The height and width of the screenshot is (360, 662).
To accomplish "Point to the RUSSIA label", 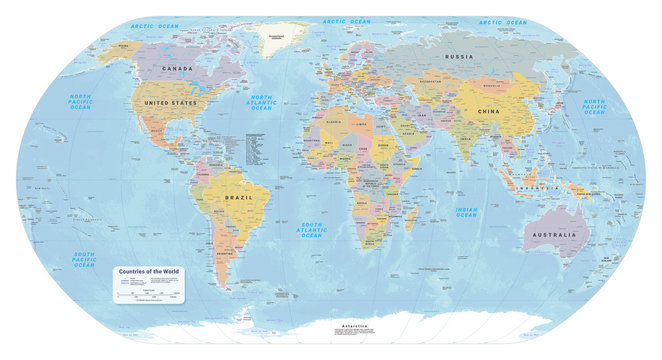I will coord(459,57).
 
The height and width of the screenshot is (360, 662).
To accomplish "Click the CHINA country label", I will coord(489,110).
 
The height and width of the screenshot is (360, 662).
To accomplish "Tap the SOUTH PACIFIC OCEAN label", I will coord(85,258).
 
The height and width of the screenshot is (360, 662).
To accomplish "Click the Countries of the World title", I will coord(149,271).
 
